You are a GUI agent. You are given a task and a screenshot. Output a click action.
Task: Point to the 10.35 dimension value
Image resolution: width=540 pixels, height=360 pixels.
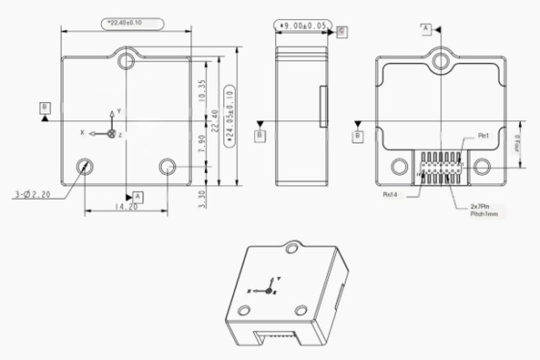pos(201,89)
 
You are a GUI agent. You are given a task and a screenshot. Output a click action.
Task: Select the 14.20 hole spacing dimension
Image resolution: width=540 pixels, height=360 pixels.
pos(126,207)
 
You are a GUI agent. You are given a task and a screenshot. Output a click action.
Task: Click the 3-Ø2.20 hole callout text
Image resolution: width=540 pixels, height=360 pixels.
pos(35,194)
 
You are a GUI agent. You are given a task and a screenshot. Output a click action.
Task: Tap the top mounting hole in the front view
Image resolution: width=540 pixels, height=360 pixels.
pos(127,61)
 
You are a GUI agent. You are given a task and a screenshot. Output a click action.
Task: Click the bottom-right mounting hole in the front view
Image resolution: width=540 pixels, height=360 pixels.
pos(168,167)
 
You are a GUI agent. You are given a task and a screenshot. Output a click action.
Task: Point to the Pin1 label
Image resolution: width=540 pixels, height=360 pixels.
pos(484,136)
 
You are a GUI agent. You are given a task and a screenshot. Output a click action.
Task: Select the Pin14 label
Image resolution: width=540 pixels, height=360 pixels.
pos(392,194)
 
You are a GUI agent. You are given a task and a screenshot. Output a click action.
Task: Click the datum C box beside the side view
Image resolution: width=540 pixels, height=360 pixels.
pos(341,31)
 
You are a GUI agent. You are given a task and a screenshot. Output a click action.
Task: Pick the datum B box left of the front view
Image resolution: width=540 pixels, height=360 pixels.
pos(44,108)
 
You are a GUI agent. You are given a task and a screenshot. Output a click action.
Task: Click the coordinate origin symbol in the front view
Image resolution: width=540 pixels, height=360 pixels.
pos(111,134)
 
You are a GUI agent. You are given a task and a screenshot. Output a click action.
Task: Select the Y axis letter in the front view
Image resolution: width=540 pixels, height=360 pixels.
pos(118,111)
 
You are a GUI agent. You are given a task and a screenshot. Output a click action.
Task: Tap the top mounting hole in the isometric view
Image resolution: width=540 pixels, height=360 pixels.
pos(291,246)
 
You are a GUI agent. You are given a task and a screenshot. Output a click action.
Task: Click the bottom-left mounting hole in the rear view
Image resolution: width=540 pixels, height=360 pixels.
pos(398,167)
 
